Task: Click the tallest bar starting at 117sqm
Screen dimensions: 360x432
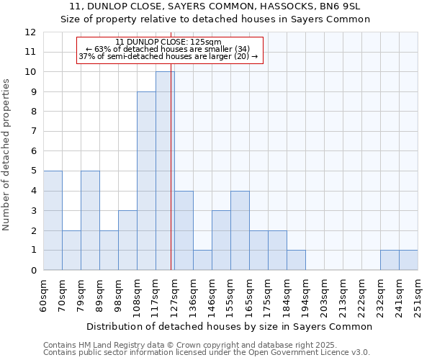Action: click(165, 171)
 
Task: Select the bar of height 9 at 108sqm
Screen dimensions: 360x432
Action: click(146, 181)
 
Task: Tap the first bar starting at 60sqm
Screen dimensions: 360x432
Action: click(53, 220)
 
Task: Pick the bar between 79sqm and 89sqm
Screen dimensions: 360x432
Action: click(90, 220)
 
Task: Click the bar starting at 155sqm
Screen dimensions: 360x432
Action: click(240, 230)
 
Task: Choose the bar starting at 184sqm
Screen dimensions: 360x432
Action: click(296, 260)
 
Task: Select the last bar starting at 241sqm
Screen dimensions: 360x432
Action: click(408, 260)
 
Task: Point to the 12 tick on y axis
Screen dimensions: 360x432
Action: click(30, 32)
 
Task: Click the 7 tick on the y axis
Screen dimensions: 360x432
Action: click(33, 132)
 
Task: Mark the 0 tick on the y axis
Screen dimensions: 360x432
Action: click(33, 271)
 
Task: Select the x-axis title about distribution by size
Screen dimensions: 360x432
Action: click(229, 326)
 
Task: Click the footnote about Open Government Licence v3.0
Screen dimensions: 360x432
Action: click(207, 352)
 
